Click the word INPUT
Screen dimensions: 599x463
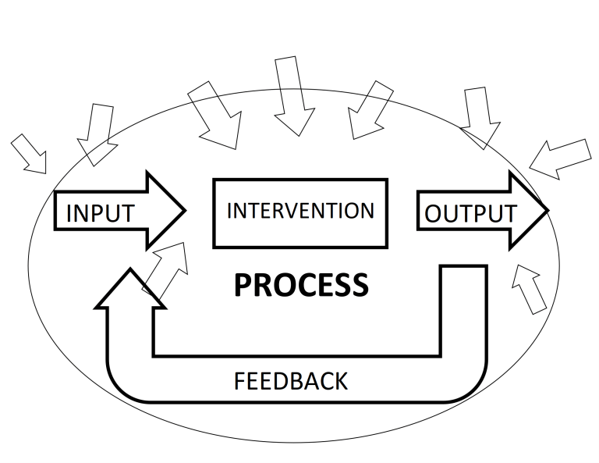101,213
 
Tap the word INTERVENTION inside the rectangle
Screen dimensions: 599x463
300,211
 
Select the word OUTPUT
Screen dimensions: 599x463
470,213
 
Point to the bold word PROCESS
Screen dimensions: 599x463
301,285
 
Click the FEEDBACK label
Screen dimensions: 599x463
291,381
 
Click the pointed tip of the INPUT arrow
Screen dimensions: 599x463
186,210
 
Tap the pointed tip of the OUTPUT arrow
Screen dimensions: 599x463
548,210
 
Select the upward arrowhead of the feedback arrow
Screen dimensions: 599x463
130,287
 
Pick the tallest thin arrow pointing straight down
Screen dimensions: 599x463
295,96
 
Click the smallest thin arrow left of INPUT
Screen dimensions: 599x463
30,154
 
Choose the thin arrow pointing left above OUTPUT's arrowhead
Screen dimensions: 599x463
561,159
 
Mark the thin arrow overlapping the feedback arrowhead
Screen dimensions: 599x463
166,271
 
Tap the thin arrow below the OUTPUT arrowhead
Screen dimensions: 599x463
529,289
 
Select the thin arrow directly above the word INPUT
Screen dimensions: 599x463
97,134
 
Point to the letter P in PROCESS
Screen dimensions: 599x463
243,285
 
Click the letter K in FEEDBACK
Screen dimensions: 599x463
341,381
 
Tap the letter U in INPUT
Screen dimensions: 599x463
111,213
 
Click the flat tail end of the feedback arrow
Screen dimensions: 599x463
464,265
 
